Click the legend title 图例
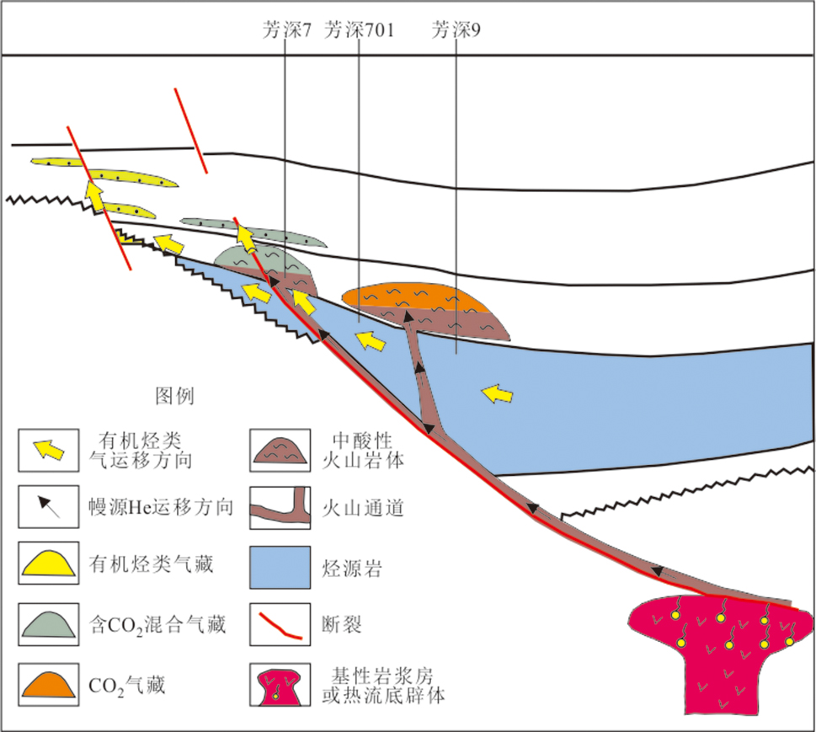pos(175,396)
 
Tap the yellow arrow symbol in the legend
pos(51,450)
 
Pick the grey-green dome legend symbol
pos(51,622)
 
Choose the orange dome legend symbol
pos(51,681)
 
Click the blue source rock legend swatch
pos(278,565)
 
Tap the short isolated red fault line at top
pos(190,129)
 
